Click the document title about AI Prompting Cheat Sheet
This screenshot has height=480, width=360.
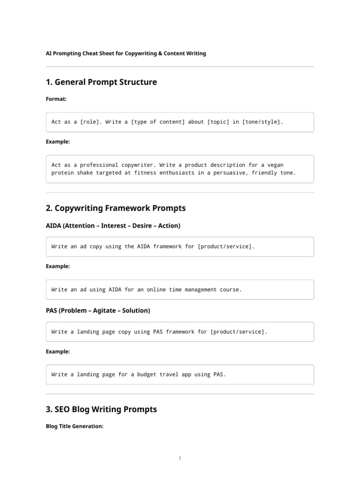pyautogui.click(x=126, y=53)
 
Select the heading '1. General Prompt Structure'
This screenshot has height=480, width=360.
pyautogui.click(x=101, y=82)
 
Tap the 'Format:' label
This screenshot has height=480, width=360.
pyautogui.click(x=56, y=99)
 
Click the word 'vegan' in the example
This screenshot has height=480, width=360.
pyautogui.click(x=274, y=165)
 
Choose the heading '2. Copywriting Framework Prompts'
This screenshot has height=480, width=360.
pyautogui.click(x=116, y=208)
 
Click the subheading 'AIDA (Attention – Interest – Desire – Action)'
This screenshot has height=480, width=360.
pyautogui.click(x=113, y=226)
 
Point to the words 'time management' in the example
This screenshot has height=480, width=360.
pyautogui.click(x=193, y=290)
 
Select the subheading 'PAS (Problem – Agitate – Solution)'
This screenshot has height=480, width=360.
pyautogui.click(x=98, y=311)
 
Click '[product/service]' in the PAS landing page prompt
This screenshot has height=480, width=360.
pyautogui.click(x=238, y=332)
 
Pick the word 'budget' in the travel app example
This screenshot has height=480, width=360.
pyautogui.click(x=140, y=375)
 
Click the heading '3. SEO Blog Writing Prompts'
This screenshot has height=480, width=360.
pyautogui.click(x=101, y=410)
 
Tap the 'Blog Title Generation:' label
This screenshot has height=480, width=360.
pyautogui.click(x=75, y=427)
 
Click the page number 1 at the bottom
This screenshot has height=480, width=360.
pyautogui.click(x=180, y=458)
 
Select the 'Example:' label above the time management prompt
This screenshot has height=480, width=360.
pyautogui.click(x=58, y=266)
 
